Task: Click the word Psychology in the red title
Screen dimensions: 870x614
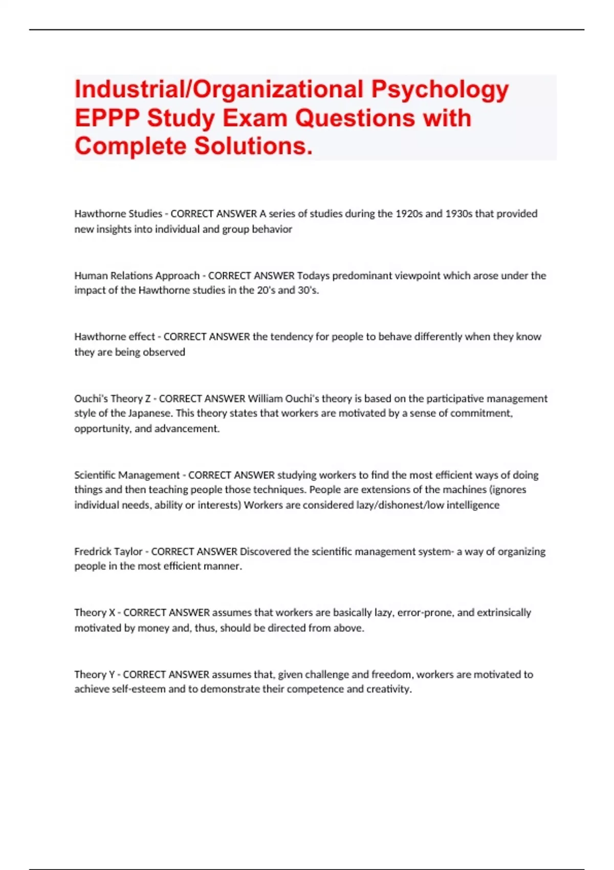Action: coord(440,90)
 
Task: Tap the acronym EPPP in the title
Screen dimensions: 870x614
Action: coord(106,118)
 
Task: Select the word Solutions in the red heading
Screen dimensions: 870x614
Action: coord(253,146)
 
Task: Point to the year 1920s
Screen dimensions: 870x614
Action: coord(409,214)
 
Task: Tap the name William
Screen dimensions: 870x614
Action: coord(265,399)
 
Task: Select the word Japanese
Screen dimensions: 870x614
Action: coord(149,414)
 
